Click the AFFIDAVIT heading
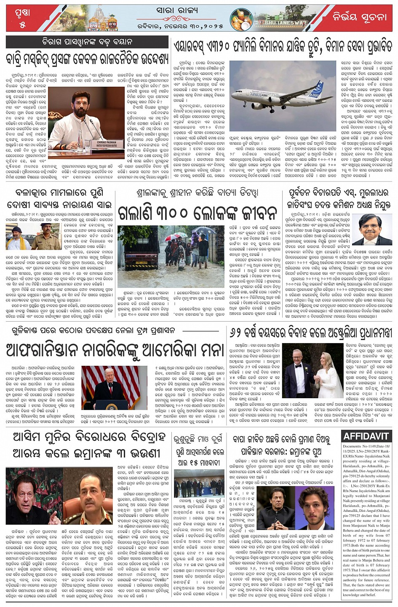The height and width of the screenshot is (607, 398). [x=366, y=437]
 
